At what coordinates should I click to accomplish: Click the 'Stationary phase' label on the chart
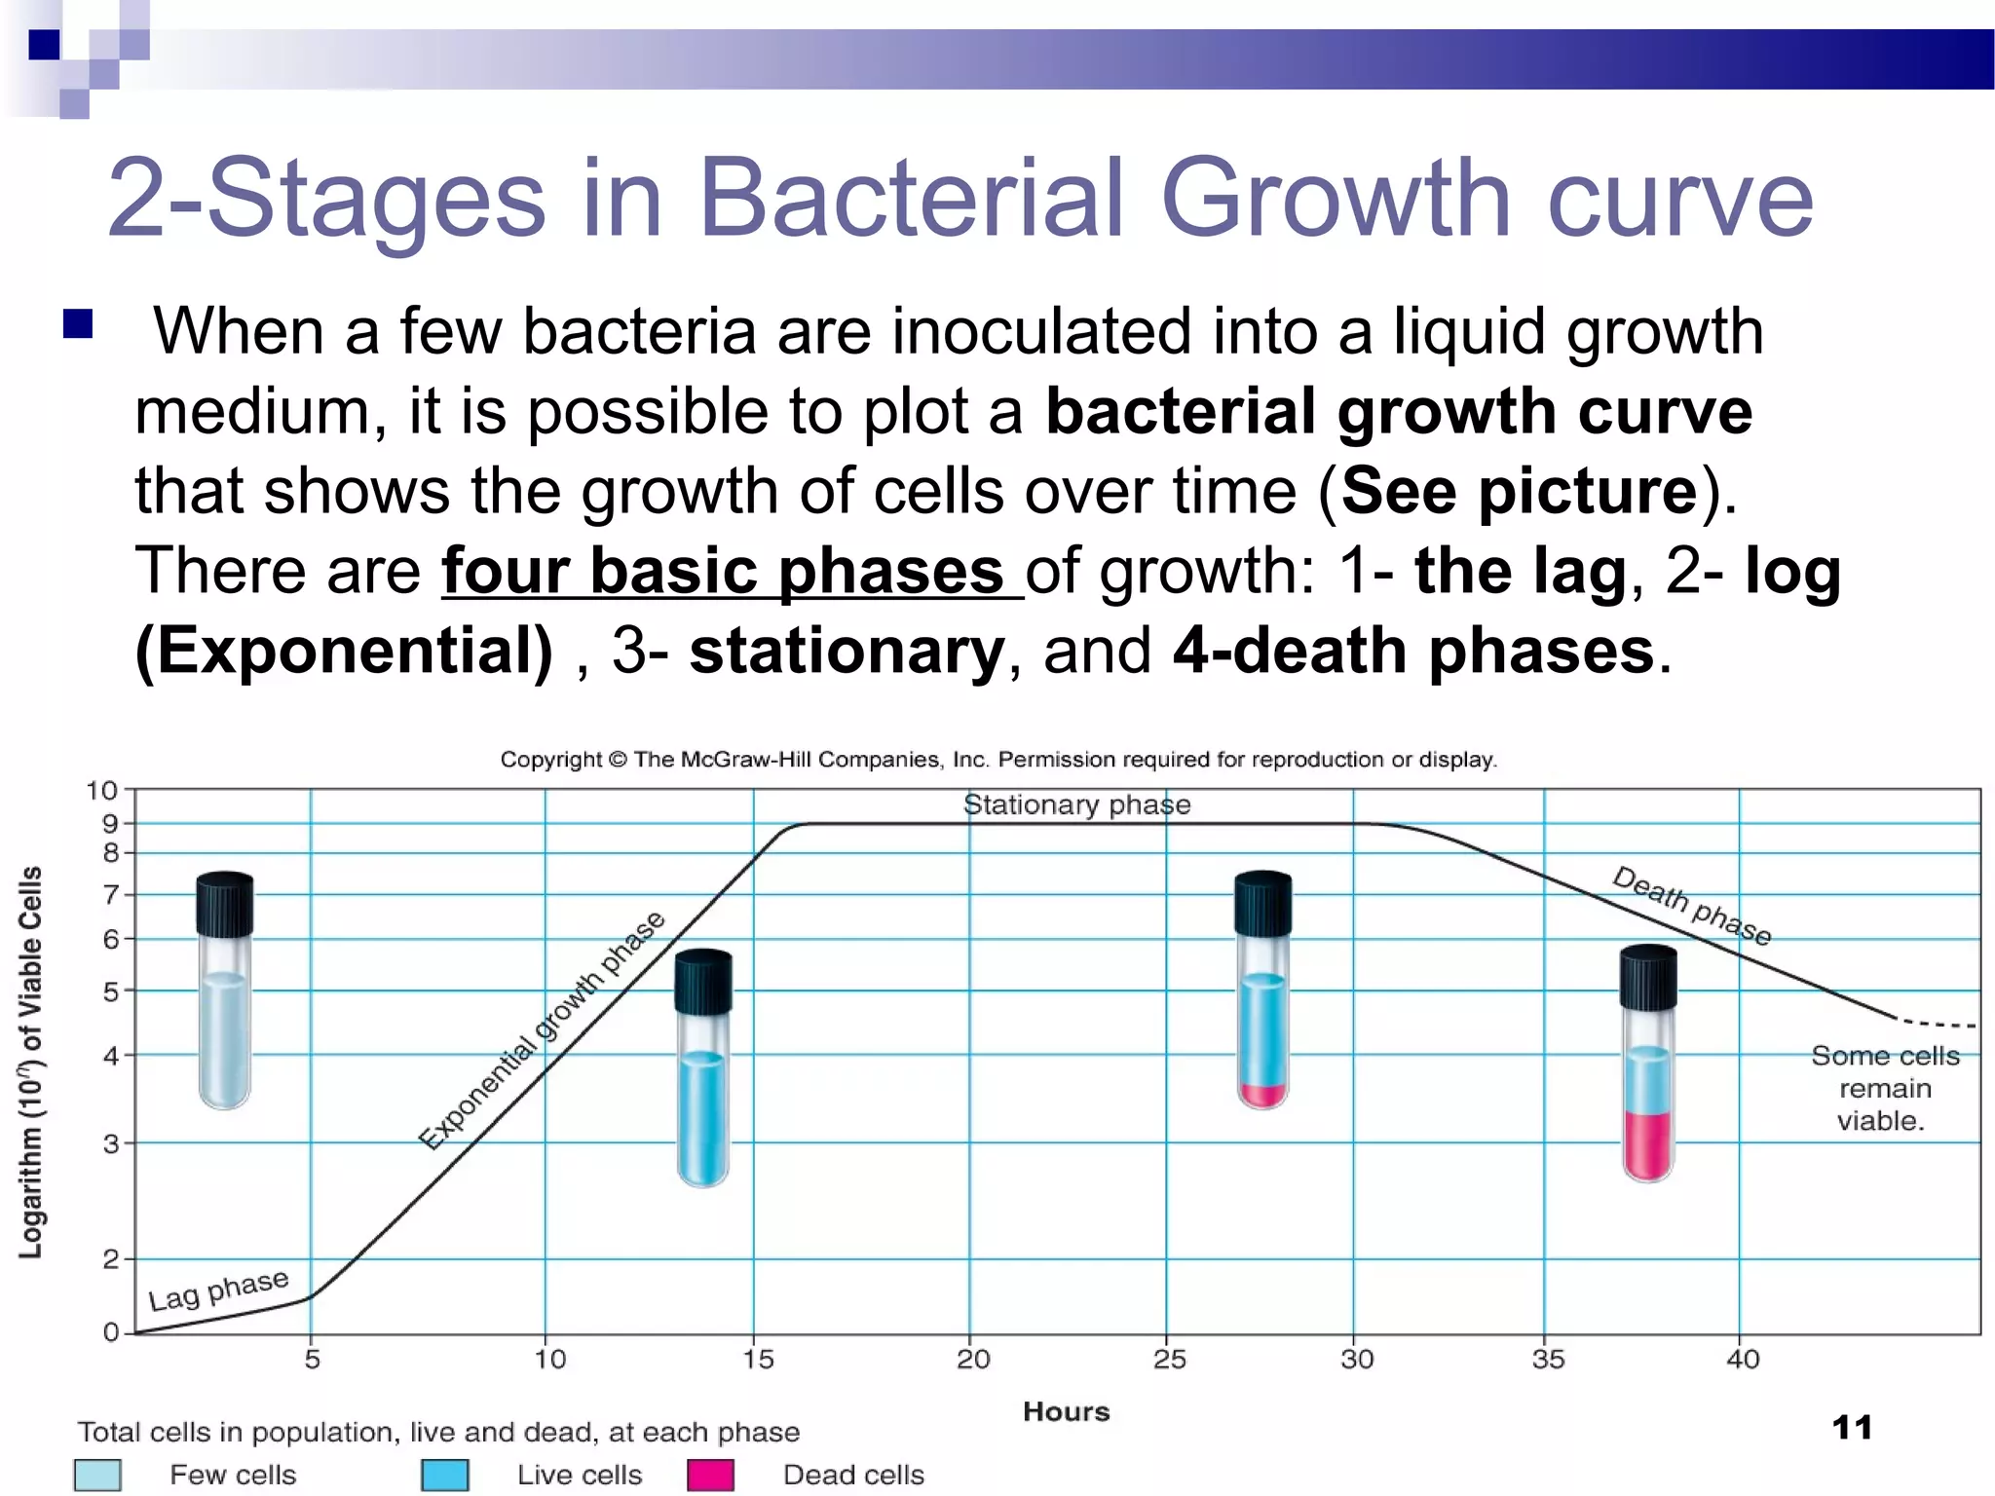pyautogui.click(x=1076, y=804)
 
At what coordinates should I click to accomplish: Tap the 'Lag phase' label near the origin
pyautogui.click(x=218, y=1290)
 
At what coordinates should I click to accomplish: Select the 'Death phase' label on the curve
pyautogui.click(x=1691, y=905)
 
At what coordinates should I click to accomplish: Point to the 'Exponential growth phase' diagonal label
pyautogui.click(x=542, y=1031)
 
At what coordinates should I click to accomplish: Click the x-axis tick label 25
pyautogui.click(x=1169, y=1359)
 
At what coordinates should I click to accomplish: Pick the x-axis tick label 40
pyautogui.click(x=1743, y=1359)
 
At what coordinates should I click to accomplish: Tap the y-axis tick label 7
pyautogui.click(x=111, y=894)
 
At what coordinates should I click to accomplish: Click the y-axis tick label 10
pyautogui.click(x=101, y=790)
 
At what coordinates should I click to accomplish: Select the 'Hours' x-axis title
pyautogui.click(x=1066, y=1411)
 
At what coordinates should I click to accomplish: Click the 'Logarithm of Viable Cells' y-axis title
pyautogui.click(x=31, y=1062)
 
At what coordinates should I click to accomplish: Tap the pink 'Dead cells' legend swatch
pyautogui.click(x=710, y=1475)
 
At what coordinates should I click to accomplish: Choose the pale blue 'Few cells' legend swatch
pyautogui.click(x=97, y=1475)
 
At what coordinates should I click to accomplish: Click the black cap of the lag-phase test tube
pyautogui.click(x=225, y=904)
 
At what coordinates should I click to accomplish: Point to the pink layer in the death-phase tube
pyautogui.click(x=1648, y=1143)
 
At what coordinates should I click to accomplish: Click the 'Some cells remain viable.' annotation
pyautogui.click(x=1884, y=1088)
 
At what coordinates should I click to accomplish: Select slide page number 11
pyautogui.click(x=1852, y=1428)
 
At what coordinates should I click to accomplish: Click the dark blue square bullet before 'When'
pyautogui.click(x=78, y=323)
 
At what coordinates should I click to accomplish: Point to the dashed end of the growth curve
pyautogui.click(x=1939, y=1024)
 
